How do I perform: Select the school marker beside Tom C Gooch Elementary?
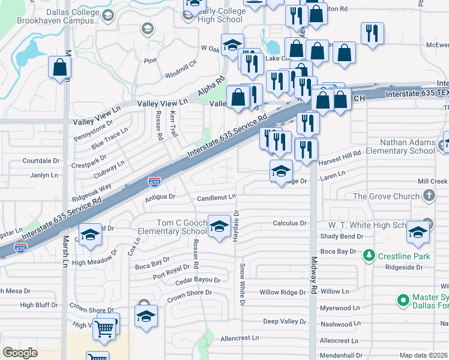[x=219, y=226]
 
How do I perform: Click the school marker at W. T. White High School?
[x=418, y=233]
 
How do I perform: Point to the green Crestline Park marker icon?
[x=369, y=256]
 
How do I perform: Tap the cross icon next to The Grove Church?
[x=429, y=196]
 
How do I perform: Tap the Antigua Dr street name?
[x=160, y=196]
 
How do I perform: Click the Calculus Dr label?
[x=290, y=223]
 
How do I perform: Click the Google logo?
[x=20, y=352]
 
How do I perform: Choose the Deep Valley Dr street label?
[x=285, y=322]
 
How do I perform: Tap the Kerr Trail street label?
[x=174, y=123]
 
